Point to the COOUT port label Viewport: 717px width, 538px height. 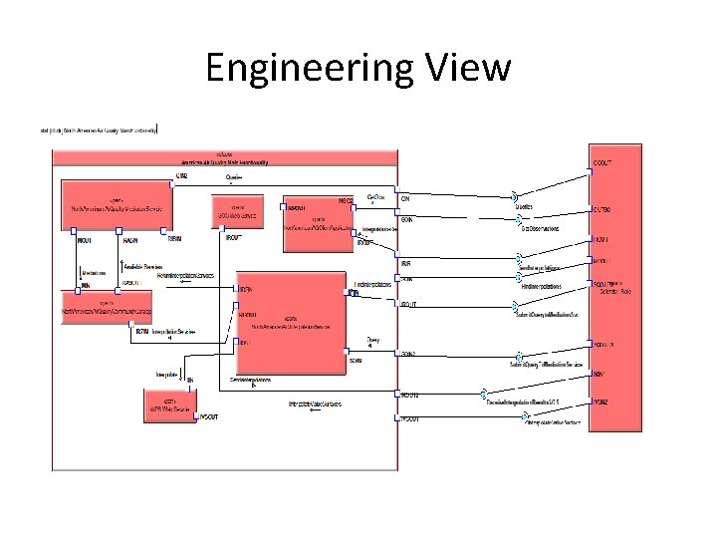602,161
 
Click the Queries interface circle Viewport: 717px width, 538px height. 515,196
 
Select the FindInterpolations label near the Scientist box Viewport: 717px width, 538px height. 541,286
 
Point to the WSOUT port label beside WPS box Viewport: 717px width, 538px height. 210,414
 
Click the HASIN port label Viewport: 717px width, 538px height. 129,240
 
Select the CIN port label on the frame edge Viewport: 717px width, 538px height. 405,199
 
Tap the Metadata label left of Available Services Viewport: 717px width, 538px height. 96,270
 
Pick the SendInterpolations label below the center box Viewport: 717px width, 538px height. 251,380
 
